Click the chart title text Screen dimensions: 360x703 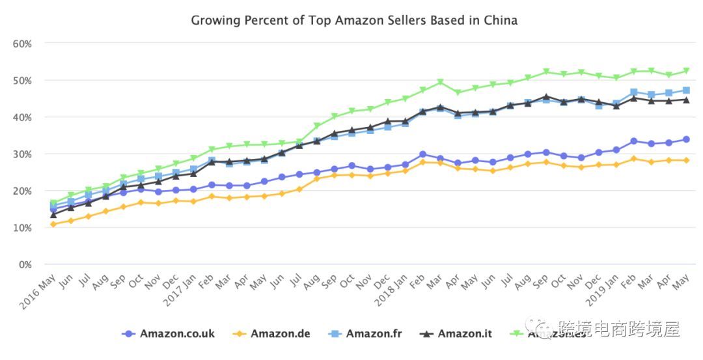point(354,20)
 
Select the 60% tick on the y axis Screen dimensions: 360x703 point(23,44)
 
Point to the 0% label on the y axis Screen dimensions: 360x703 point(25,265)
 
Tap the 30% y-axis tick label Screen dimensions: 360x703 point(23,154)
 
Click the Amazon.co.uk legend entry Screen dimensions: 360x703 point(168,334)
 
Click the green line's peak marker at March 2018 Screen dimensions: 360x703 point(440,83)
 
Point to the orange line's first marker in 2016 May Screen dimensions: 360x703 point(53,225)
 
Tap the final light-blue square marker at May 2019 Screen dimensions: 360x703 point(686,90)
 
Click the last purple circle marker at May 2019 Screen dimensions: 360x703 point(686,139)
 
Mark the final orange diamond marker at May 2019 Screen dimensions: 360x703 point(686,160)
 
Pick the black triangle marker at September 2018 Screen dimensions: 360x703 point(545,96)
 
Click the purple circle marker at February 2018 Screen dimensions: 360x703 point(422,154)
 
